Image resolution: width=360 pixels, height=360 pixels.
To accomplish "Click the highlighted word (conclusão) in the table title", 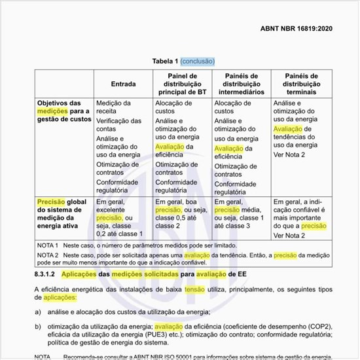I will (197, 61).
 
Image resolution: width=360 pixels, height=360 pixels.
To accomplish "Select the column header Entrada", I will (124, 84).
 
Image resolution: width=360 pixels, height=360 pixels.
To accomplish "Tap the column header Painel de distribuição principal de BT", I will (181, 84).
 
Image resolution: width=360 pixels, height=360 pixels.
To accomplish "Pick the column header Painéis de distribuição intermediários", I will (240, 84).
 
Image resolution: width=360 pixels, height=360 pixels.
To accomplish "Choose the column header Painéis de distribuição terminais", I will (301, 84).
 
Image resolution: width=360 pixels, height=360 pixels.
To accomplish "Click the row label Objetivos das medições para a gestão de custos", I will (63, 111).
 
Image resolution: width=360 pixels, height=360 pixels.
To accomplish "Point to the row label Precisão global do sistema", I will (62, 214).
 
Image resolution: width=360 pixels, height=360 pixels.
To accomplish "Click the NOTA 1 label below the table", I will (48, 244).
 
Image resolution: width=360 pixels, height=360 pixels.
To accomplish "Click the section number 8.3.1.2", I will (46, 271).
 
